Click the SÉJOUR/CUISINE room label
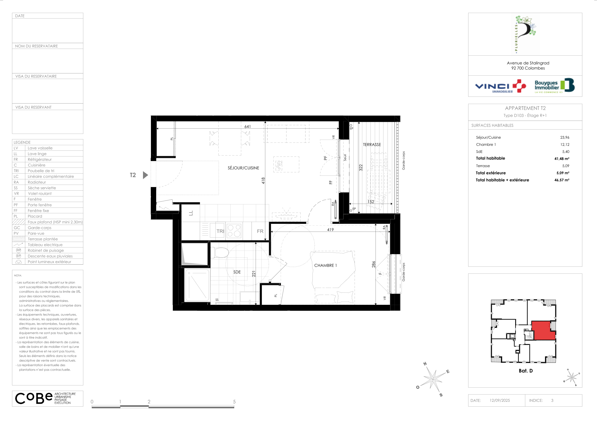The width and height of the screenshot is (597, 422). (243, 168)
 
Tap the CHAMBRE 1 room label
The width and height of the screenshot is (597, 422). (325, 266)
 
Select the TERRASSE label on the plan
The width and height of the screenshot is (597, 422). (372, 145)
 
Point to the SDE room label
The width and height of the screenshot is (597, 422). (237, 272)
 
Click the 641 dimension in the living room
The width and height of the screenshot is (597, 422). (247, 127)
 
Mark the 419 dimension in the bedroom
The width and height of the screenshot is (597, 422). (330, 230)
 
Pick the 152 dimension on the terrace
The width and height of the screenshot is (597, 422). (371, 202)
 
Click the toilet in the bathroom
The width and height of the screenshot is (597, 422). (220, 252)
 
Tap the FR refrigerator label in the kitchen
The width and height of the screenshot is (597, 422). (260, 231)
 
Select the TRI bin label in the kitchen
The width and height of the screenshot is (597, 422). (220, 231)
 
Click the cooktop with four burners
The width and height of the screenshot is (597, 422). (234, 231)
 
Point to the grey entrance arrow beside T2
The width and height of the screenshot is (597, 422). (146, 175)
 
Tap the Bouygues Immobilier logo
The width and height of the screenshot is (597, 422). (554, 85)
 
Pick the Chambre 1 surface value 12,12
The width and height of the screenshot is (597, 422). (565, 145)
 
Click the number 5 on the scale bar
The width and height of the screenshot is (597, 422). (234, 402)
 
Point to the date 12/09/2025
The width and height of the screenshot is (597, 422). (500, 400)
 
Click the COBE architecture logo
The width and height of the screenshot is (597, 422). (45, 398)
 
